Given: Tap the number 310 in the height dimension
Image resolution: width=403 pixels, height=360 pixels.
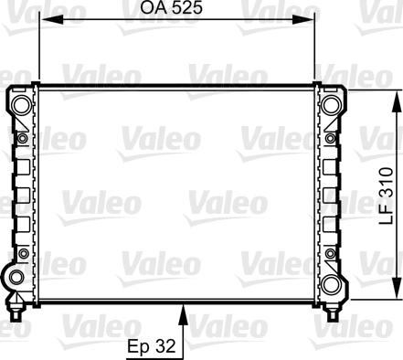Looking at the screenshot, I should pyautogui.click(x=387, y=185).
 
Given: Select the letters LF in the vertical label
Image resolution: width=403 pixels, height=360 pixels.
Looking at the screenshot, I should pyautogui.click(x=387, y=217).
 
